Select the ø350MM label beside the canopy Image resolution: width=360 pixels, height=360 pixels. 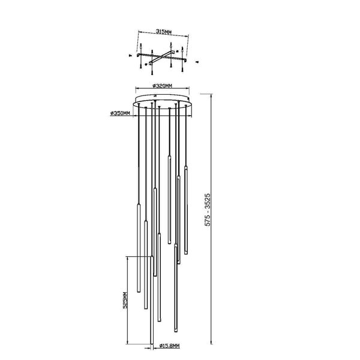pyautogui.click(x=120, y=113)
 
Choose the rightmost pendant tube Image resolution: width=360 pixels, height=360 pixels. pyautogui.click(x=186, y=210)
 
